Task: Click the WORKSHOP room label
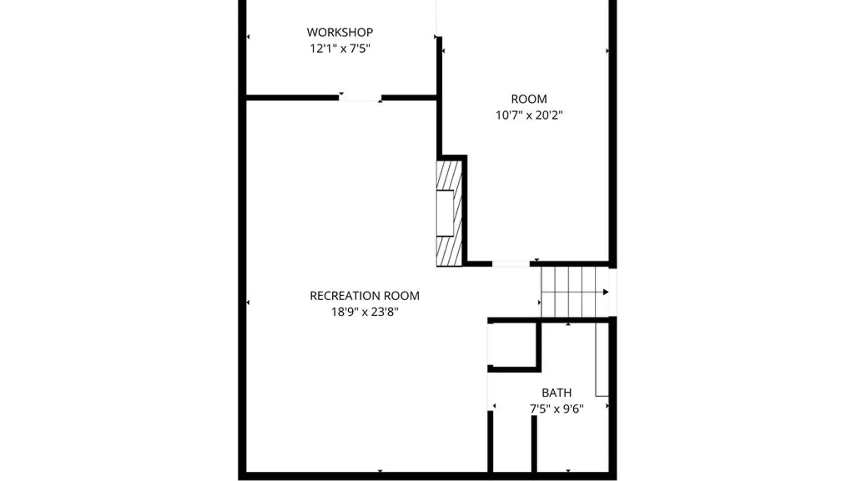[340, 33]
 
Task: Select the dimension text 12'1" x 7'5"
[340, 49]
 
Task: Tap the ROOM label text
[529, 99]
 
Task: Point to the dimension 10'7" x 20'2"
[529, 115]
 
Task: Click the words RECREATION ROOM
[364, 296]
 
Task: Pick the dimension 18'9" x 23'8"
[364, 312]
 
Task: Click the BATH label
[556, 393]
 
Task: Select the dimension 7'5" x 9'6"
[556, 409]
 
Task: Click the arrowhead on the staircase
[605, 292]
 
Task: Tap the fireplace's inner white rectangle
[445, 213]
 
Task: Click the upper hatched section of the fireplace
[448, 175]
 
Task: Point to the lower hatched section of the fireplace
[448, 251]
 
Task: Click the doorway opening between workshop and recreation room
[360, 98]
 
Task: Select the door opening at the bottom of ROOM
[511, 264]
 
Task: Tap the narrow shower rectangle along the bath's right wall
[602, 359]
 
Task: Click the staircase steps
[568, 292]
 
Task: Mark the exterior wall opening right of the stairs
[612, 292]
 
